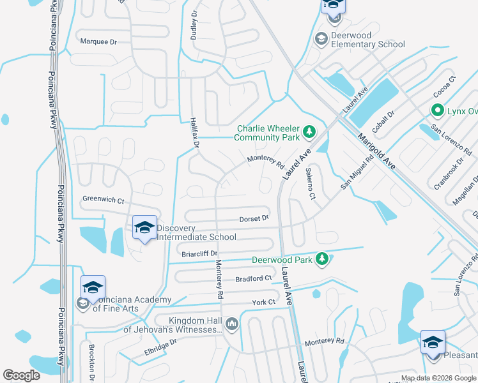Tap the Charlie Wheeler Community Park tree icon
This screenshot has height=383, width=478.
pyautogui.click(x=309, y=131)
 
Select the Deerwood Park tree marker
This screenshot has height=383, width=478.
pyautogui.click(x=323, y=259)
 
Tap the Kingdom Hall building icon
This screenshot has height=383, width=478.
pyautogui.click(x=231, y=324)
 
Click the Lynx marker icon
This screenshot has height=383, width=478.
pyautogui.click(x=438, y=110)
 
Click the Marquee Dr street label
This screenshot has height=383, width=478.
pyautogui.click(x=99, y=41)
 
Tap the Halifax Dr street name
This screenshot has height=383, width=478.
pyautogui.click(x=196, y=133)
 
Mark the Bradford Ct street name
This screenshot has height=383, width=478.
pyautogui.click(x=253, y=278)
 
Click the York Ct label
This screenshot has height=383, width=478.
pyautogui.click(x=263, y=302)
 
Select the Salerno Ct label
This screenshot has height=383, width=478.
pyautogui.click(x=311, y=183)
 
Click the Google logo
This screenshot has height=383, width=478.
pyautogui.click(x=22, y=375)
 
